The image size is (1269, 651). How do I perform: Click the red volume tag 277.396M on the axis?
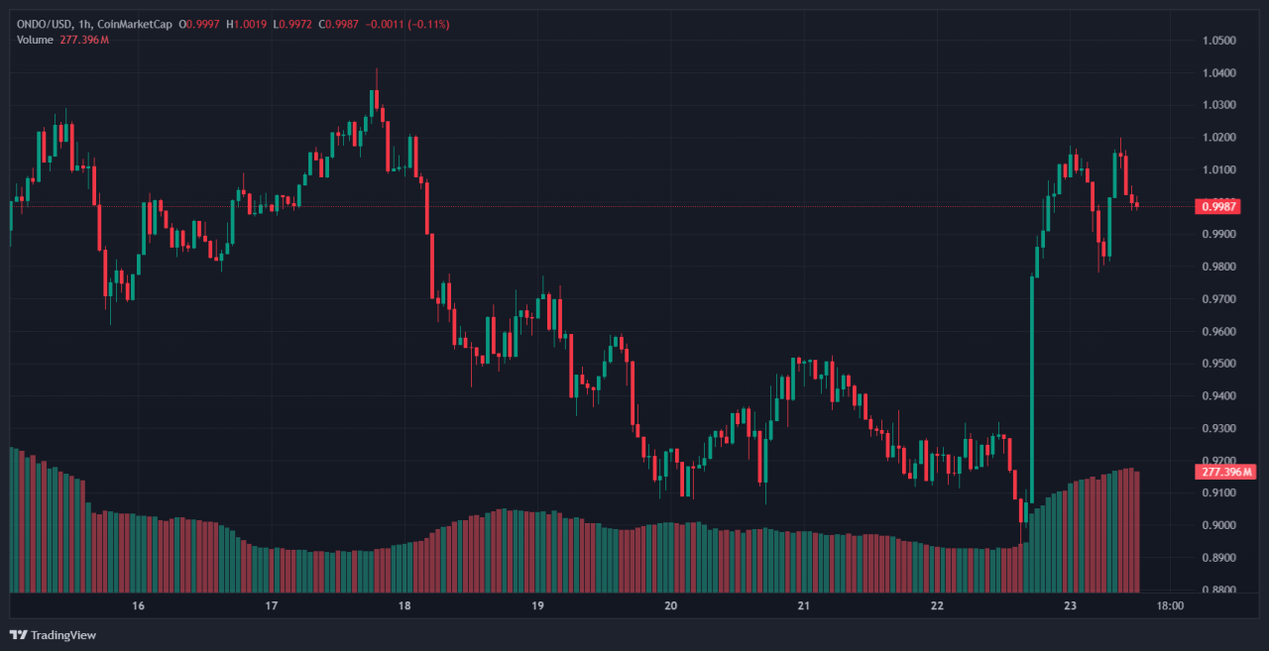pos(1222,471)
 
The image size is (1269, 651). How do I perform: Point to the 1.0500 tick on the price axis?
pos(1218,41)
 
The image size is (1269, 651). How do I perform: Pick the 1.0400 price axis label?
pos(1218,73)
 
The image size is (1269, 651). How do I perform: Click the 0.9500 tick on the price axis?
pos(1218,364)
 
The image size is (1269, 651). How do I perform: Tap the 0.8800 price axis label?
pos(1218,591)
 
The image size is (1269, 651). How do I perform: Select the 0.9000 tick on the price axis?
pos(1218,525)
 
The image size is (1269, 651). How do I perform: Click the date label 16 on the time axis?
pos(138,605)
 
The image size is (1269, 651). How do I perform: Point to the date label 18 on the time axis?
pos(404,605)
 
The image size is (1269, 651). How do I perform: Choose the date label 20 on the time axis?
pos(670,605)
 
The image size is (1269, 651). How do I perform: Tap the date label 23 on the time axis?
pos(1070,605)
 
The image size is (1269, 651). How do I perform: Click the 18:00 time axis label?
pos(1170,605)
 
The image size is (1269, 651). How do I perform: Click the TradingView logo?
pos(54,634)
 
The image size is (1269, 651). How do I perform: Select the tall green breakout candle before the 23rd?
pos(1032,386)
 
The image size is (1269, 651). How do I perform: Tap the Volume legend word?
pos(36,39)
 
